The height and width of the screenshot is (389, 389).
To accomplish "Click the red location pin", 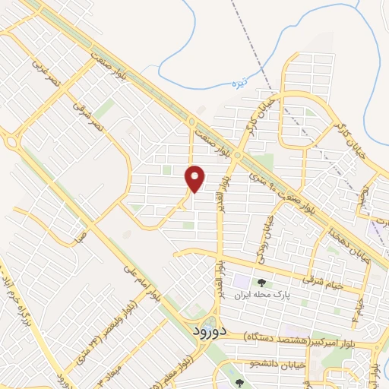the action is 195,178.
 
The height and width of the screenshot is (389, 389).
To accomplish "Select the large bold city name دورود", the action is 204,331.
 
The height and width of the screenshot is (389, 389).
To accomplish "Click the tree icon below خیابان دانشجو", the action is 240,383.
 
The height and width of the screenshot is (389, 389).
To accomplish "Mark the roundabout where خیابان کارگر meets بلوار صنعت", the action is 237,157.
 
